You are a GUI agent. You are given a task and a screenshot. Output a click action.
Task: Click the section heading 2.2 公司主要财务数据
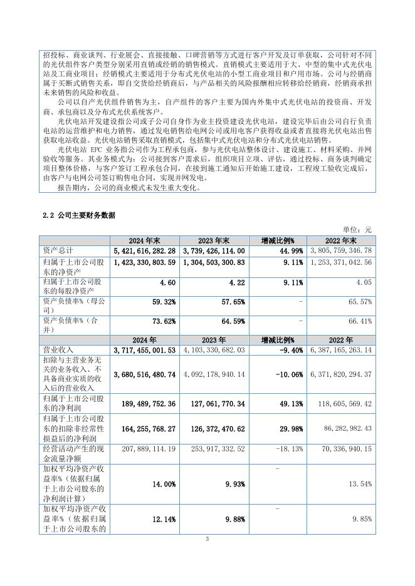[78, 215]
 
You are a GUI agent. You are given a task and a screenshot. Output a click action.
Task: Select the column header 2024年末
[145, 240]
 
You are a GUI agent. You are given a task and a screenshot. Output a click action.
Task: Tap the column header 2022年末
[340, 240]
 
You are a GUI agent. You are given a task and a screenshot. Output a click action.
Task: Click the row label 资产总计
[55, 250]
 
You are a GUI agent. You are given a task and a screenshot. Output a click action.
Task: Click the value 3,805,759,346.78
[341, 250]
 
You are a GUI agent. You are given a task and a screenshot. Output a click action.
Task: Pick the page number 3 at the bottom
[207, 539]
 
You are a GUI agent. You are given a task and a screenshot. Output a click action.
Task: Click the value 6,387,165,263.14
[341, 348]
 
